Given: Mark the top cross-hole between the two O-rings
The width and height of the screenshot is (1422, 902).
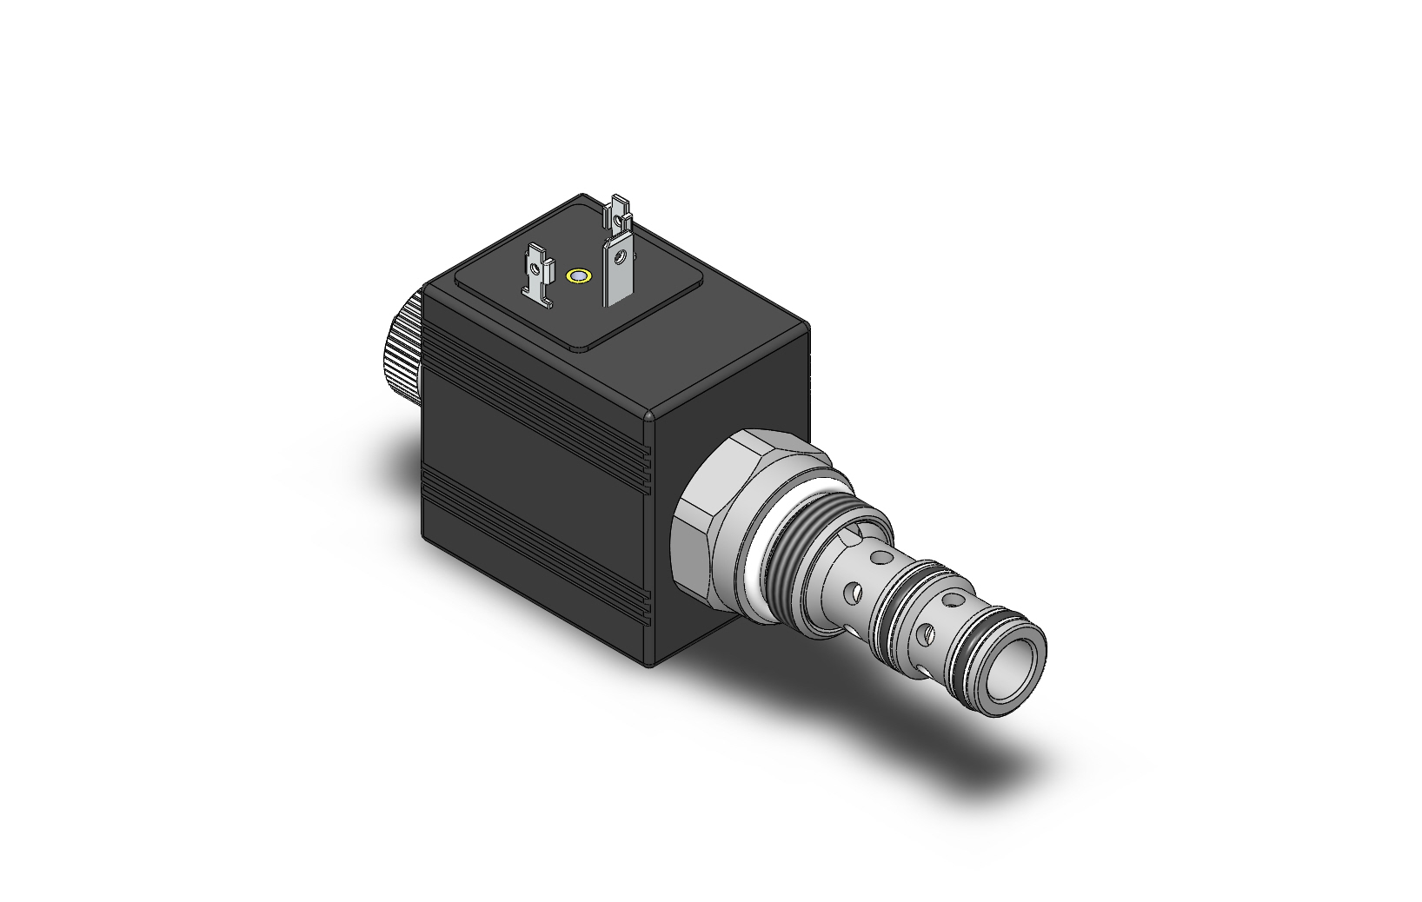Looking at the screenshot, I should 957,599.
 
